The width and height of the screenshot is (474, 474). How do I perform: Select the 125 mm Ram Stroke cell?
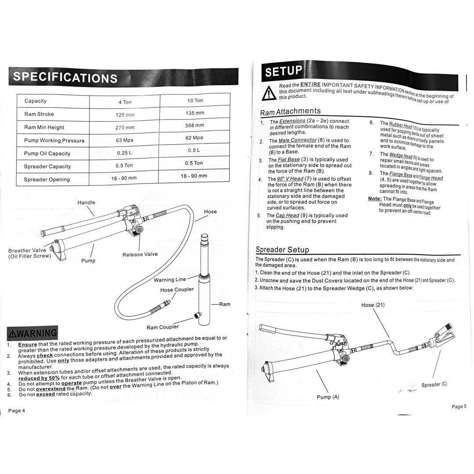pos(125,115)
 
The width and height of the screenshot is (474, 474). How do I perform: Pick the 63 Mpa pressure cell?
pos(125,140)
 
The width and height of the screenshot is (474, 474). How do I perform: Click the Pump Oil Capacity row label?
pos(47,154)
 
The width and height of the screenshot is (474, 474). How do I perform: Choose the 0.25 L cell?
pos(125,153)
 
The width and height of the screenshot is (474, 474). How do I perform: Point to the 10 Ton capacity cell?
pos(195,101)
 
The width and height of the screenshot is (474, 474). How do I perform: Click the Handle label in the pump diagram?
pos(86,202)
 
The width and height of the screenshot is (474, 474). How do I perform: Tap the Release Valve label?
pos(140,254)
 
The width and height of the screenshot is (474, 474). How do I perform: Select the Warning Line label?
pos(169,280)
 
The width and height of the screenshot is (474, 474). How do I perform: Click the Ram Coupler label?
pos(162,327)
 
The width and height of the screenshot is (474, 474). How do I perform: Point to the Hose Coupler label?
pos(177,290)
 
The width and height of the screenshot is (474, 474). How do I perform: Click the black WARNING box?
pos(32,333)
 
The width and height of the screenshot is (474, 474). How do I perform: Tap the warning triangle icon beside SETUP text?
pos(268,93)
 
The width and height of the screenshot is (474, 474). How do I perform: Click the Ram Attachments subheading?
pos(290,111)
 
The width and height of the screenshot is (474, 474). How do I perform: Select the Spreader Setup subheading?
pos(282,250)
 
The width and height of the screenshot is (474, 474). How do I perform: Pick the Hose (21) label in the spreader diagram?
pos(373,305)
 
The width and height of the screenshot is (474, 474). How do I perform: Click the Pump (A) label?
pos(328,397)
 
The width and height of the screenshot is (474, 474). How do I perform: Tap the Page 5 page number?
pos(459,406)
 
